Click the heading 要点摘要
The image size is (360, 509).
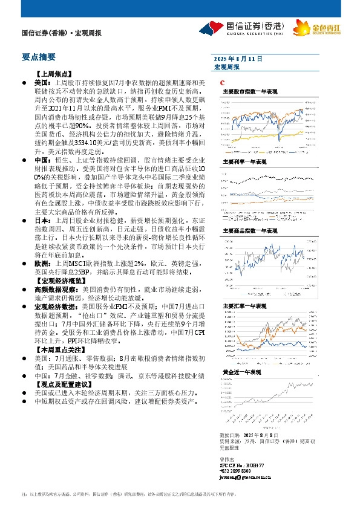pyautogui.click(x=38, y=57)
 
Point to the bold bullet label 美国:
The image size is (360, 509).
pyautogui.click(x=42, y=80)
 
